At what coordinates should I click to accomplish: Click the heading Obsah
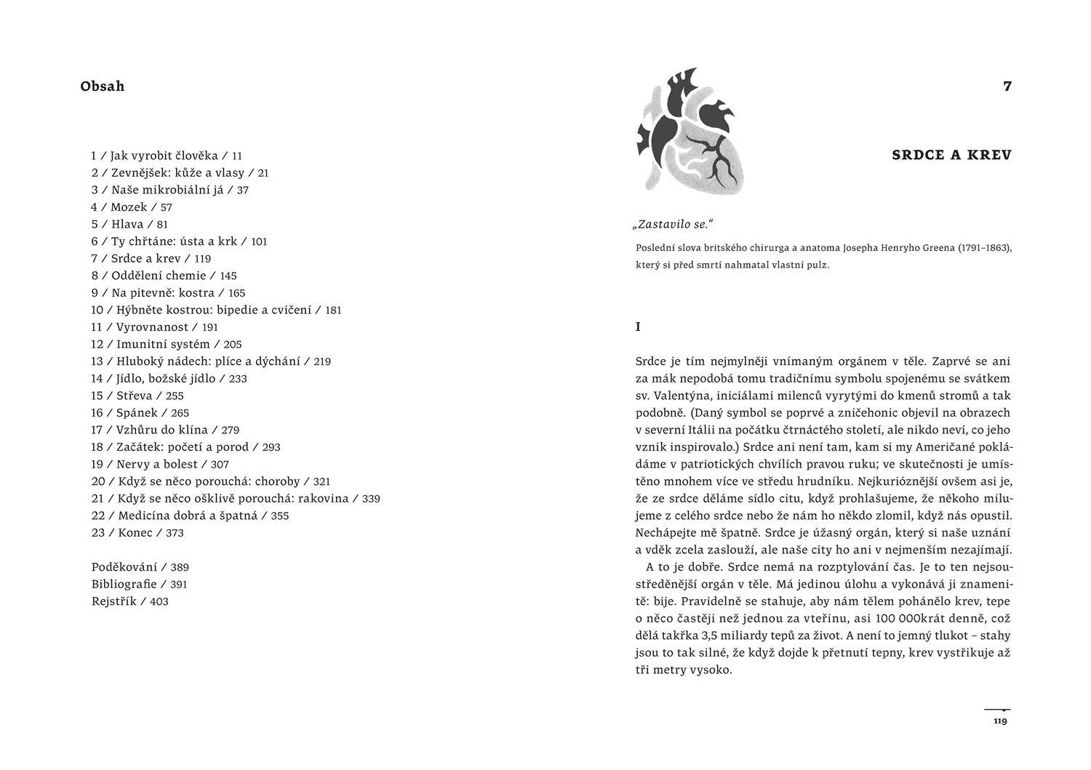pyautogui.click(x=103, y=87)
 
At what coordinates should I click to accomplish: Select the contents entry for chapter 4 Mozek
pyautogui.click(x=131, y=207)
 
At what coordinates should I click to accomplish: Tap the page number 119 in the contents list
pyautogui.click(x=202, y=259)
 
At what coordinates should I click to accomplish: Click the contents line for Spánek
pyautogui.click(x=140, y=413)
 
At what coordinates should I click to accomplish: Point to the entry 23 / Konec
pyautogui.click(x=137, y=533)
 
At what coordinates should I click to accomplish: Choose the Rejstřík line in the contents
pyautogui.click(x=129, y=601)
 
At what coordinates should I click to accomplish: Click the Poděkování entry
pyautogui.click(x=140, y=567)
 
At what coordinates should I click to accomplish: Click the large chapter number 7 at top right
pyautogui.click(x=1007, y=87)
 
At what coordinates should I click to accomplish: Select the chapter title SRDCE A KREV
pyautogui.click(x=951, y=155)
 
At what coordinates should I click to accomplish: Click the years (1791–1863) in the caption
pyautogui.click(x=975, y=248)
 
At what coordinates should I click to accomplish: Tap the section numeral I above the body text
pyautogui.click(x=639, y=327)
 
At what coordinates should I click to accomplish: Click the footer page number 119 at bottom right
pyautogui.click(x=999, y=721)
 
